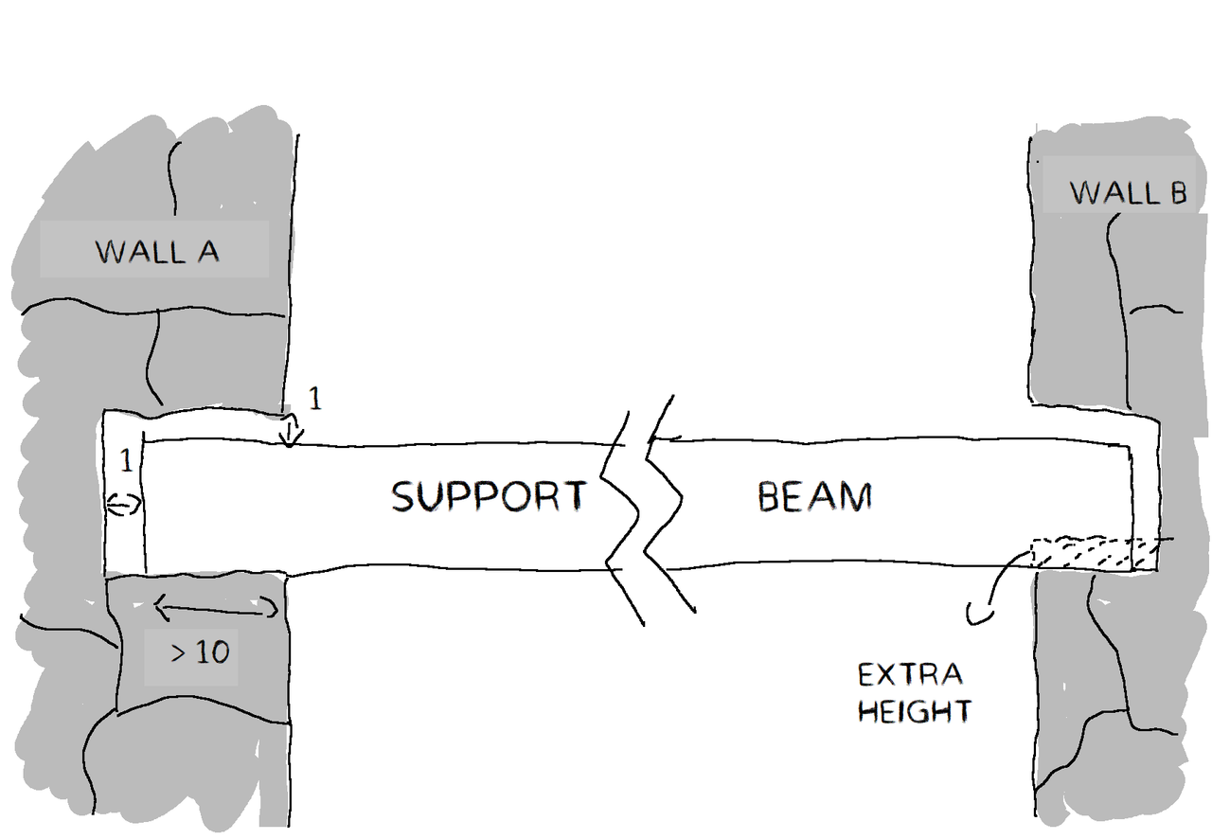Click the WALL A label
point(156,252)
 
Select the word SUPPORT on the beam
point(489,496)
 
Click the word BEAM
point(813,496)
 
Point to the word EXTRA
point(910,675)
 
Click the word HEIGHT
point(914,710)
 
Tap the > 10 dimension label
point(200,652)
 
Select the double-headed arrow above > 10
point(217,607)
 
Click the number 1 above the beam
point(315,400)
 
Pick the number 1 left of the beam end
point(124,460)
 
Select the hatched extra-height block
point(1095,555)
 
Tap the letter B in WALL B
point(1175,193)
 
